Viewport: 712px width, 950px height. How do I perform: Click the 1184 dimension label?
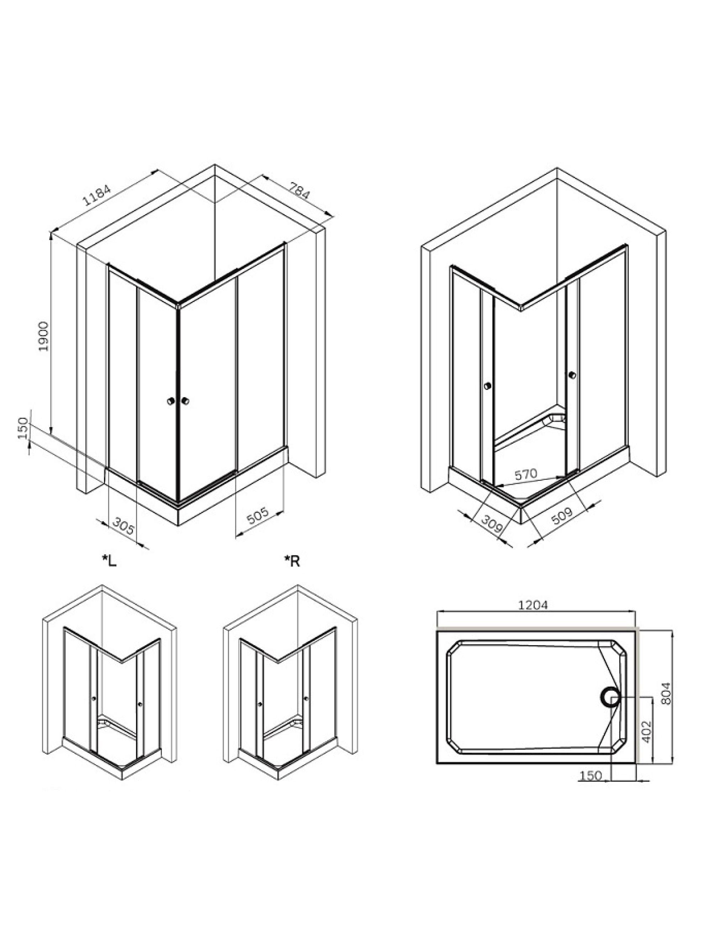click(97, 196)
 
